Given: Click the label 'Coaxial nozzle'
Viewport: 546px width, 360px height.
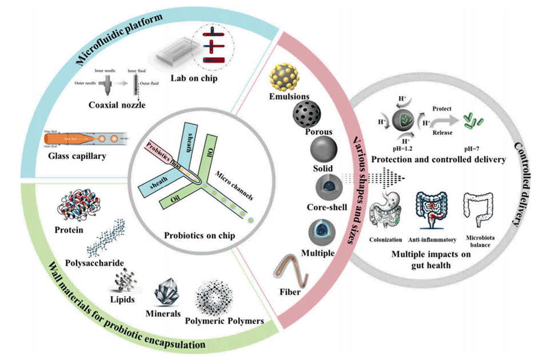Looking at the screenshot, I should [113, 105].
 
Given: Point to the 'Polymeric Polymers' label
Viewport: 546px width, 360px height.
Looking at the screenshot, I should [225, 321].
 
